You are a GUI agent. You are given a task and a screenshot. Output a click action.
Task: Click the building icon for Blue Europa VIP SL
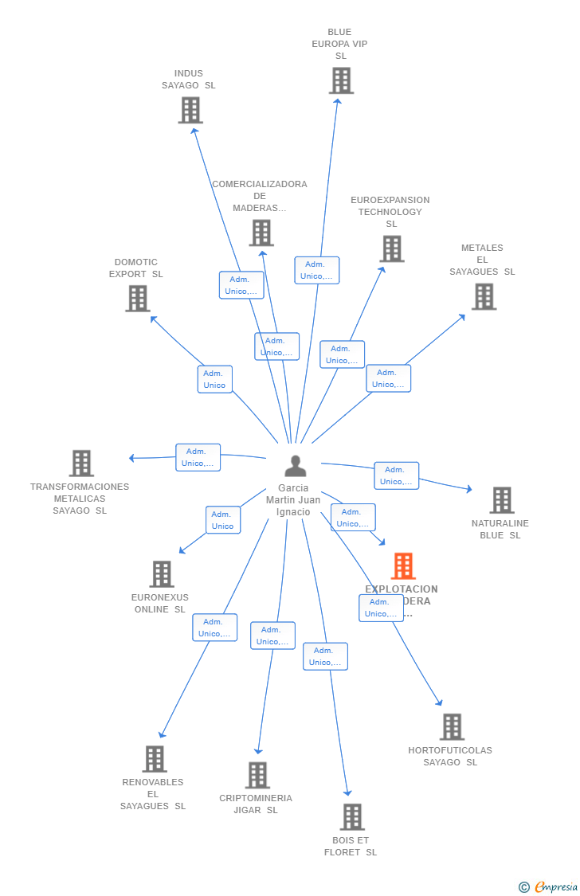341,80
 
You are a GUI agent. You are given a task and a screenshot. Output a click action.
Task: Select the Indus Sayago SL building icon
190,110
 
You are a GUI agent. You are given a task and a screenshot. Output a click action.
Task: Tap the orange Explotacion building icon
403,565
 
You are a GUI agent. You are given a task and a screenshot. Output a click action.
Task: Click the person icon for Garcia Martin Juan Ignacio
296,466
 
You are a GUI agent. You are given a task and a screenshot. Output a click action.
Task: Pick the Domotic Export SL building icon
138,299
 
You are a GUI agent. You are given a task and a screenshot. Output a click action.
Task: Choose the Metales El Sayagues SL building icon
484,296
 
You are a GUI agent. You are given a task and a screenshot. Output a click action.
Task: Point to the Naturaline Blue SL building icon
501,500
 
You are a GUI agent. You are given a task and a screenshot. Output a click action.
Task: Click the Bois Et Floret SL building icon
352,816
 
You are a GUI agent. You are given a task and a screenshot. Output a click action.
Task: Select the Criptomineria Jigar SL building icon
257,775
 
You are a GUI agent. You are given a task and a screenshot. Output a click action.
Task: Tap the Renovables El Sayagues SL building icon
155,759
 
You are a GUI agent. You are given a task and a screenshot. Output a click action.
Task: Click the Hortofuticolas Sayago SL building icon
452,726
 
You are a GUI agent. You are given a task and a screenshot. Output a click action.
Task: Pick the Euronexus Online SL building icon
162,573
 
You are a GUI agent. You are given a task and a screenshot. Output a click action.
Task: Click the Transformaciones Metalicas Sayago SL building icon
81,463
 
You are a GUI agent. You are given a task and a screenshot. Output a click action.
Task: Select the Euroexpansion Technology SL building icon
391,248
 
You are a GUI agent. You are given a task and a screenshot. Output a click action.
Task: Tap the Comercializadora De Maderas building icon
261,233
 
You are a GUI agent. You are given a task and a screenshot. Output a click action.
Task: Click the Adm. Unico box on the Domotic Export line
214,379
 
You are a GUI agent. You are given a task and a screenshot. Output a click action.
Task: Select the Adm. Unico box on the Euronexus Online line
223,520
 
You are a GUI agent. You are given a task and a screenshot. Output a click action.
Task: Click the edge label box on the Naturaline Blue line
396,475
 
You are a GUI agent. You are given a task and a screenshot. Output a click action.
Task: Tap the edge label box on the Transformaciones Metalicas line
198,457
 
